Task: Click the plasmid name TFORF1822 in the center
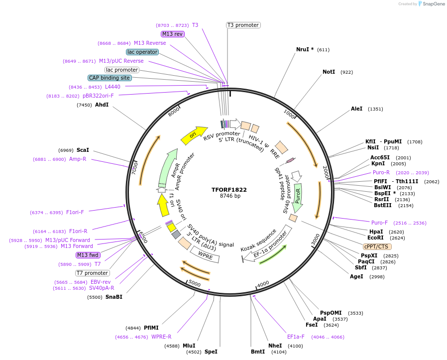tap(229, 190)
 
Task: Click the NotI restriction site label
tap(329, 72)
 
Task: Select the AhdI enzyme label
tap(102, 105)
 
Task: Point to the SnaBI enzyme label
tap(113, 297)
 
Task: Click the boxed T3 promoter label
tap(243, 25)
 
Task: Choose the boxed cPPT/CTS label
tap(376, 246)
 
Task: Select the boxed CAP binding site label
tap(110, 78)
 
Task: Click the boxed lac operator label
tap(142, 52)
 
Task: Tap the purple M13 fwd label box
tap(88, 255)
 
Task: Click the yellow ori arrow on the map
tap(194, 135)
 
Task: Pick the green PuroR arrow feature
tap(298, 199)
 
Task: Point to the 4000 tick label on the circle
tap(263, 283)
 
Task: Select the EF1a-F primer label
tap(296, 337)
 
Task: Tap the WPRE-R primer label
tap(161, 337)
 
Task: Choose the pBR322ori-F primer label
tap(98, 96)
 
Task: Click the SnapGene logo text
tap(434, 4)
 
